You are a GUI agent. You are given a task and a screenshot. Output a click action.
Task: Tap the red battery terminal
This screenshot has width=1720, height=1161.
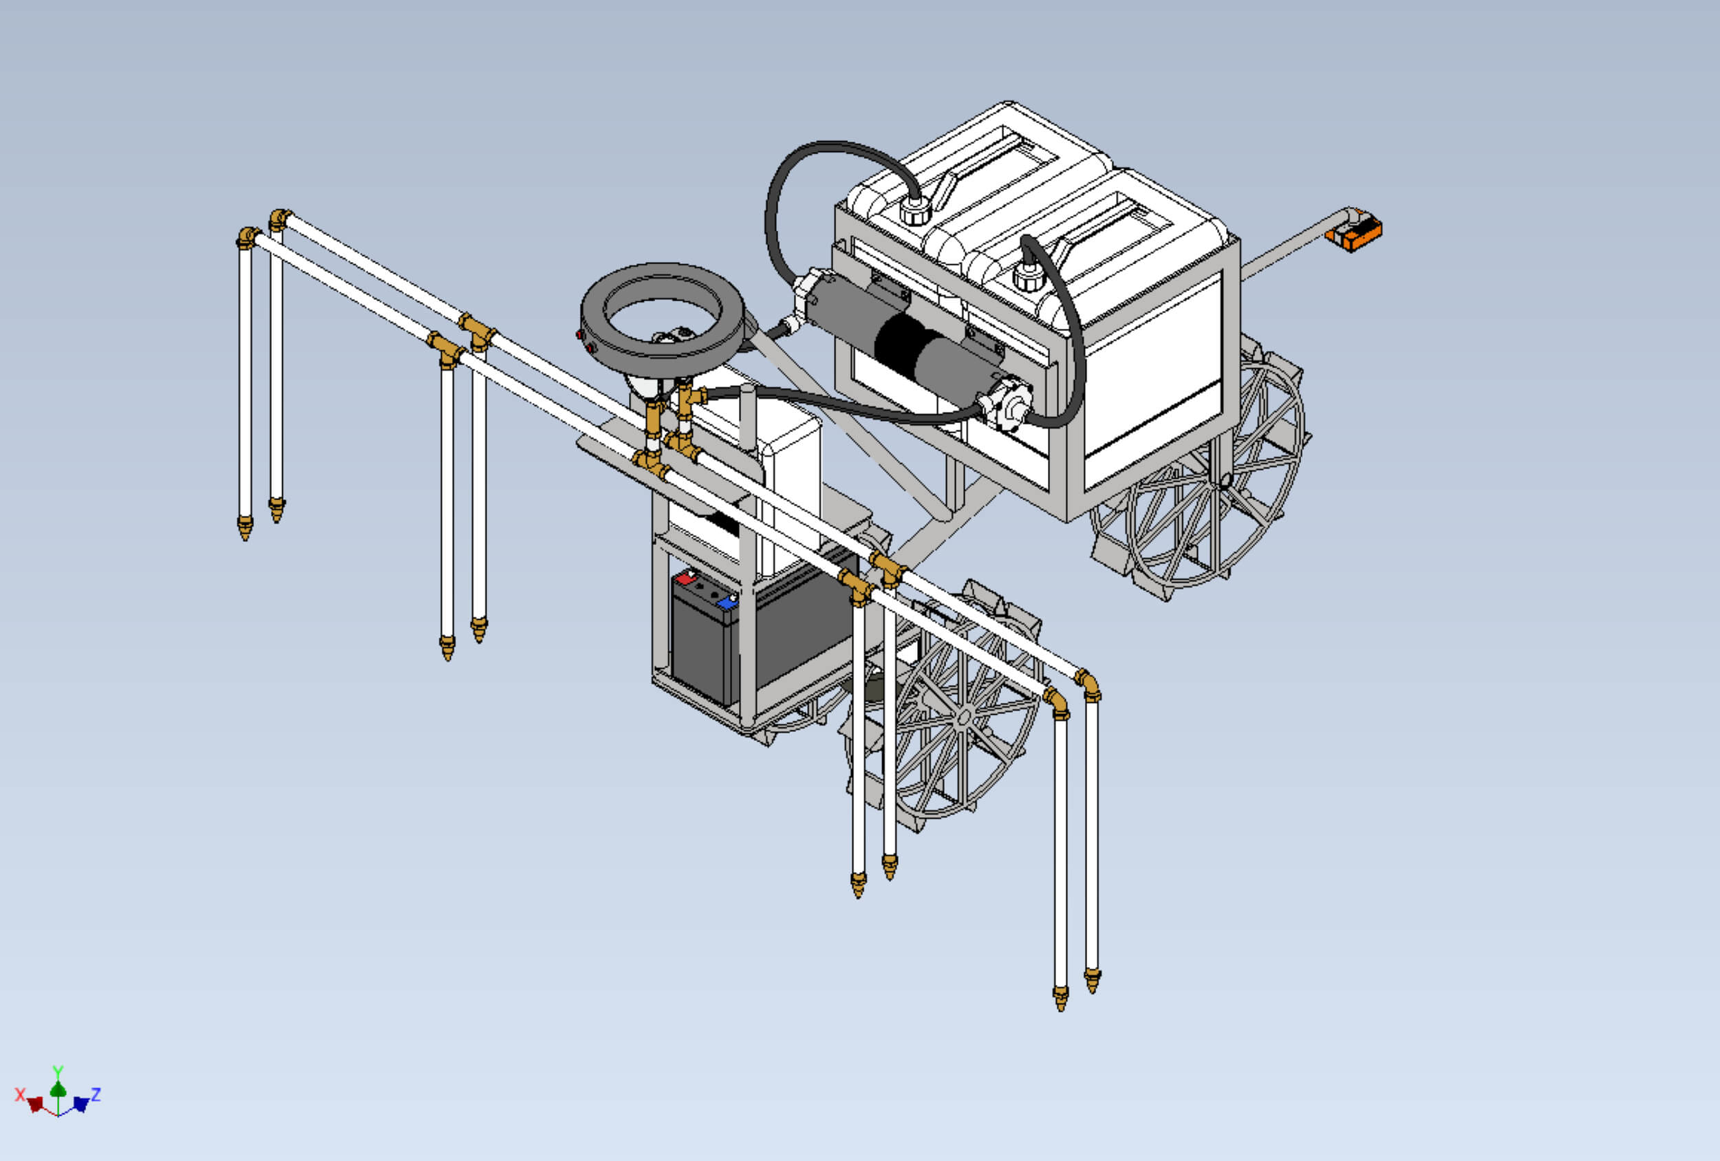[687, 578]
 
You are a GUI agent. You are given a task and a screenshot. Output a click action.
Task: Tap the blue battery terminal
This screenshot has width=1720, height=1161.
[727, 603]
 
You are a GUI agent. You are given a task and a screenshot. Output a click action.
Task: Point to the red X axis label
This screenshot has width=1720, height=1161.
[19, 1094]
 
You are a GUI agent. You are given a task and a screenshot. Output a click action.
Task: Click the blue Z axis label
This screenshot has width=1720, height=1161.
[96, 1094]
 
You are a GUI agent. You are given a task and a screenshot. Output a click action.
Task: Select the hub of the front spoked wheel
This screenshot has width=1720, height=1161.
[964, 716]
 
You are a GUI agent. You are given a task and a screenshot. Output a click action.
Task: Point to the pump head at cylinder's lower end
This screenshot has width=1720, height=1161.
[1007, 406]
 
